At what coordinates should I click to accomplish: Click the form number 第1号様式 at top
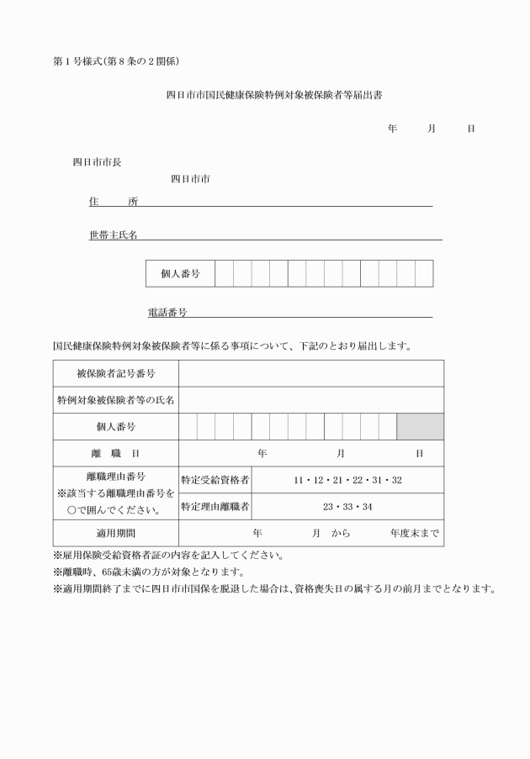(x=77, y=61)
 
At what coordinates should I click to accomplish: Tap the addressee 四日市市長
(x=97, y=162)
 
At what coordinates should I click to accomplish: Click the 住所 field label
(x=114, y=202)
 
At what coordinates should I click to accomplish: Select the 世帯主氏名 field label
(x=114, y=235)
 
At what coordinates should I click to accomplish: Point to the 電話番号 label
(x=167, y=313)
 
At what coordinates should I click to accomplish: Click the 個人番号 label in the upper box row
(x=180, y=274)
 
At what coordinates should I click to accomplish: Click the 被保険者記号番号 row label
(x=116, y=373)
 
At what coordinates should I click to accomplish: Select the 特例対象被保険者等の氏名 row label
(x=116, y=400)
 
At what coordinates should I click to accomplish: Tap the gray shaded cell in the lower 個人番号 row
(x=420, y=427)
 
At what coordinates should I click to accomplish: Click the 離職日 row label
(x=116, y=454)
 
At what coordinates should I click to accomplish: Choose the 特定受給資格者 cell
(x=215, y=480)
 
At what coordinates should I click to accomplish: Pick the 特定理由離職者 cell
(x=215, y=507)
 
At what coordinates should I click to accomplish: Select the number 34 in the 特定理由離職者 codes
(x=367, y=507)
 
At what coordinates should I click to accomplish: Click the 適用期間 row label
(x=116, y=533)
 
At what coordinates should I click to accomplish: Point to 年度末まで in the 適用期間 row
(x=416, y=533)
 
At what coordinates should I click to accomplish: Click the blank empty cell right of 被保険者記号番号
(x=311, y=373)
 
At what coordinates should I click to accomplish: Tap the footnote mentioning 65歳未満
(x=148, y=572)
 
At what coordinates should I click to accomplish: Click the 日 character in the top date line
(x=471, y=129)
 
